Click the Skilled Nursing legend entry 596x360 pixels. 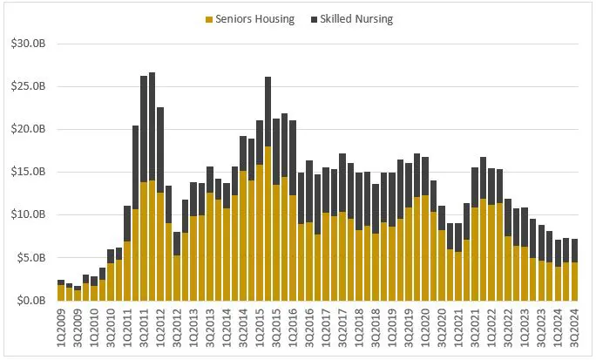pos(357,17)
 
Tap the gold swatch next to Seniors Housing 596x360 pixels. pos(210,17)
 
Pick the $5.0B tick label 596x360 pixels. pos(29,257)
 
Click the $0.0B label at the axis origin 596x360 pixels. pos(29,300)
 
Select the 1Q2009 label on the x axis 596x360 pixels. pos(61,329)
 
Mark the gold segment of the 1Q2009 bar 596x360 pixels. pos(61,293)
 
